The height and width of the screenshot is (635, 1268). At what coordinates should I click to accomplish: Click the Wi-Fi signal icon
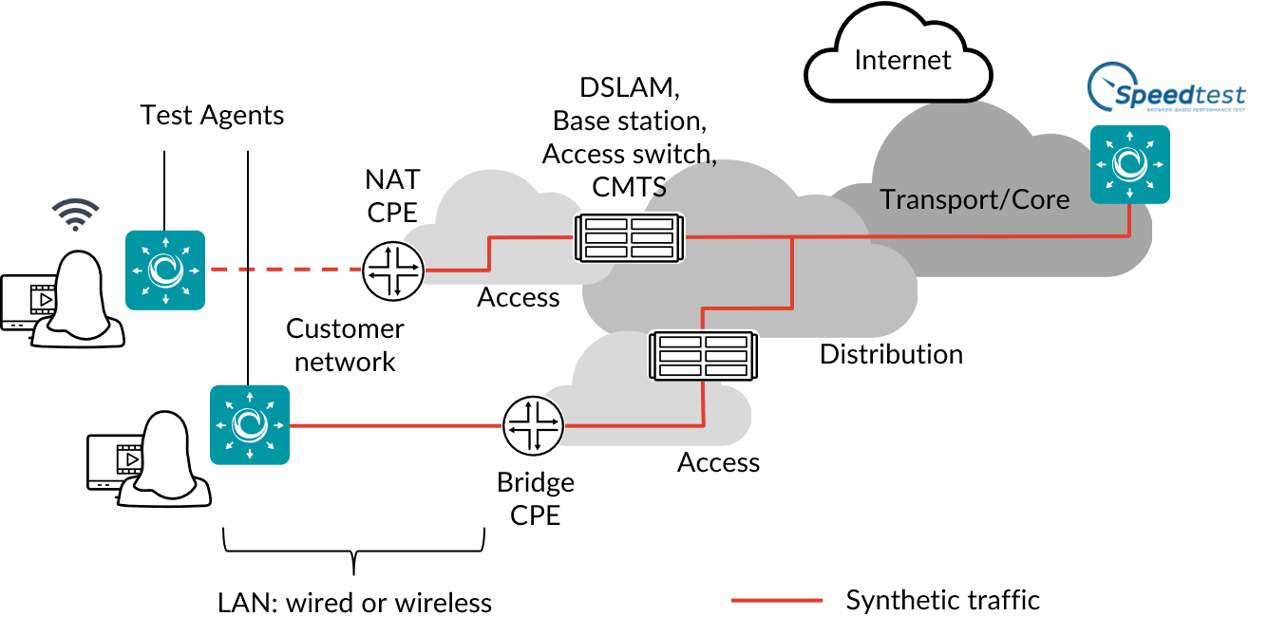click(x=75, y=215)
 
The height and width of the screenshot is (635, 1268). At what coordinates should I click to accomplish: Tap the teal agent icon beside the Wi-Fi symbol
click(x=165, y=270)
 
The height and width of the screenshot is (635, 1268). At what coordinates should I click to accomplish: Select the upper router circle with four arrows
click(x=392, y=271)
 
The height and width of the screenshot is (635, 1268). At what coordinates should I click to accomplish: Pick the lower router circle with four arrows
click(x=532, y=425)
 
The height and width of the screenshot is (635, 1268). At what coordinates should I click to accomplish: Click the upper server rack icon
click(x=630, y=237)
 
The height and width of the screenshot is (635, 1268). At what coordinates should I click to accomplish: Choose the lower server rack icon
click(x=704, y=356)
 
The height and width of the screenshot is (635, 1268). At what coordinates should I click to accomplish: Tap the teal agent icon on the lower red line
click(x=249, y=424)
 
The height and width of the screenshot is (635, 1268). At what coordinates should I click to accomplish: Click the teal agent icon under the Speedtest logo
click(x=1129, y=164)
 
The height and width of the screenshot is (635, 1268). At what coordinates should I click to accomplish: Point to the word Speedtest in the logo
click(x=1179, y=95)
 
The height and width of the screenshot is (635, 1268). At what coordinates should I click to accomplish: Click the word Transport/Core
click(x=975, y=199)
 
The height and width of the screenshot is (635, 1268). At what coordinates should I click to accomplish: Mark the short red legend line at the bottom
click(x=777, y=600)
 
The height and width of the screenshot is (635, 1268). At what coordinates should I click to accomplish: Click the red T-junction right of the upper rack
click(x=792, y=237)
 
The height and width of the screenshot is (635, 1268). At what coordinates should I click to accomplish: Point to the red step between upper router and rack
click(x=489, y=253)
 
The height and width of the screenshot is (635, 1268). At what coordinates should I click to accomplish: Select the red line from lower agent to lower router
click(x=394, y=425)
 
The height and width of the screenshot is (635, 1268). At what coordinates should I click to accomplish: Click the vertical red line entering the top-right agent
click(x=1129, y=219)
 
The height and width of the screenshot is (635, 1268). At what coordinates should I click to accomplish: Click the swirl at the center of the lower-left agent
click(x=249, y=424)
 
